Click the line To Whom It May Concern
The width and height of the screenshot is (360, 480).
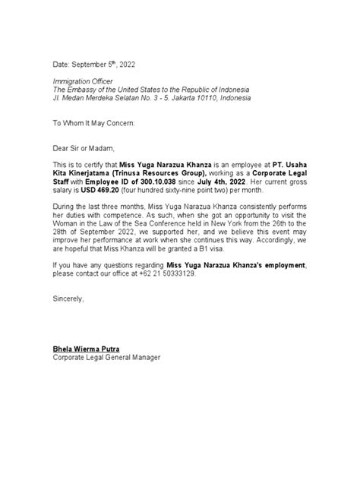pos(96,122)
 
